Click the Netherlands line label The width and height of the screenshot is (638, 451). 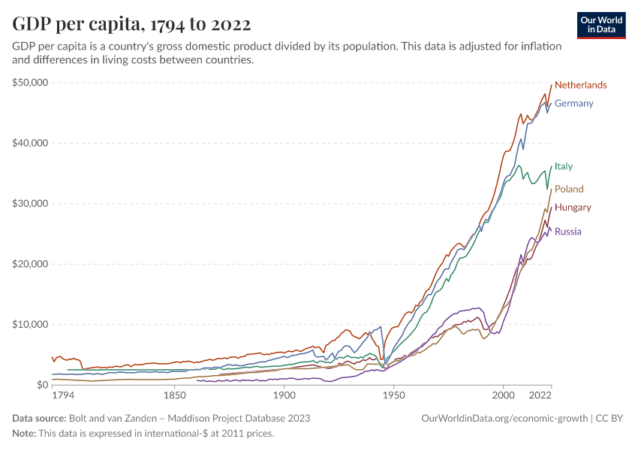580,85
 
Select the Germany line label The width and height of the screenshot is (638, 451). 573,103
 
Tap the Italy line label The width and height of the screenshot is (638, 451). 564,166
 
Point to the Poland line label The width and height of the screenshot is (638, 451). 569,189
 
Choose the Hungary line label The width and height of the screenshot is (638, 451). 573,207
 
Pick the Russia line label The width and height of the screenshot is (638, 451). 568,232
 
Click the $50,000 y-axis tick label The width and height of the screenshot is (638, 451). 32,83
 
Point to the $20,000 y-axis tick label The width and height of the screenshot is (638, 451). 32,264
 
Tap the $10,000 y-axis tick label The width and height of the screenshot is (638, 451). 32,325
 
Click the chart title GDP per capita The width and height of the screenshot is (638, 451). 131,24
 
